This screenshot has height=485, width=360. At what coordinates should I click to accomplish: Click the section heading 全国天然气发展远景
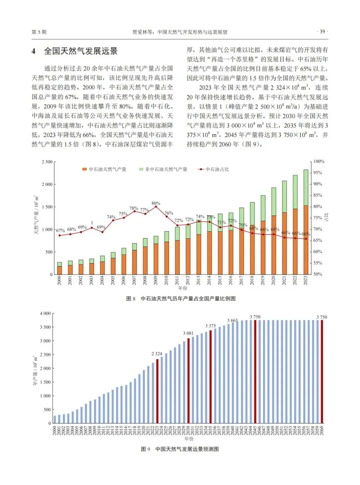click(x=81, y=51)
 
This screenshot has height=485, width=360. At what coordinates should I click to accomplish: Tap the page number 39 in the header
click(x=322, y=32)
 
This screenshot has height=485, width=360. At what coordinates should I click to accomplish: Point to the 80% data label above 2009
click(x=156, y=203)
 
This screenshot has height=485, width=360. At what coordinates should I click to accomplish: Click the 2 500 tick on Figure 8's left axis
click(x=47, y=162)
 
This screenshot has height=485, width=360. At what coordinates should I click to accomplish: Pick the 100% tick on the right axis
click(x=319, y=161)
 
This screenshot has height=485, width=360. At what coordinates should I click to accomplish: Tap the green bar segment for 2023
click(x=306, y=187)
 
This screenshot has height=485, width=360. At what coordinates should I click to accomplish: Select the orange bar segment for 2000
click(x=60, y=270)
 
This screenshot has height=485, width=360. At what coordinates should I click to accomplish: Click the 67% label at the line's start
click(x=60, y=230)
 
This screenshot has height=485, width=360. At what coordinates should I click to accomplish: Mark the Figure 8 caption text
click(x=181, y=299)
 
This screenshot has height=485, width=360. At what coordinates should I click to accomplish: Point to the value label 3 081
click(x=188, y=333)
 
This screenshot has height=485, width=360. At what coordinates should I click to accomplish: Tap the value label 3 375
click(x=210, y=326)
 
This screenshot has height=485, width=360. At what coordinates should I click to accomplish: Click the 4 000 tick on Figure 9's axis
click(x=45, y=313)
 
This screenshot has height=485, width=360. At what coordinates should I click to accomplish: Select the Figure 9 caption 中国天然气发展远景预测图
click(x=187, y=449)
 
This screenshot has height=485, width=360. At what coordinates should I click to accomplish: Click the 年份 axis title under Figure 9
click(x=189, y=439)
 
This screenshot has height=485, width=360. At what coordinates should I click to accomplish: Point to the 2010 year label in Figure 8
click(x=166, y=280)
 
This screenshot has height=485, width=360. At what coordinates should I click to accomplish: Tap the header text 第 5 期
click(x=39, y=32)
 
